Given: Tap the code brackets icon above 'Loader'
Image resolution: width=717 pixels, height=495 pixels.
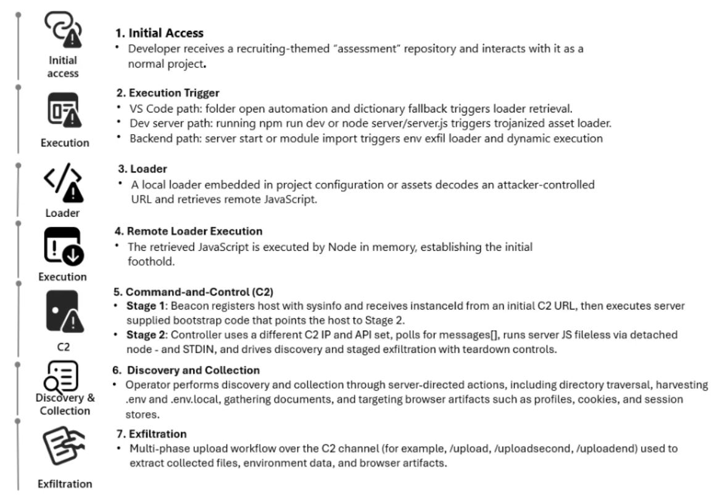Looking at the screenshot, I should (64, 185).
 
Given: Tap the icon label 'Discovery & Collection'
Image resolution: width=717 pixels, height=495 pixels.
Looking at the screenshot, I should (65, 404).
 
